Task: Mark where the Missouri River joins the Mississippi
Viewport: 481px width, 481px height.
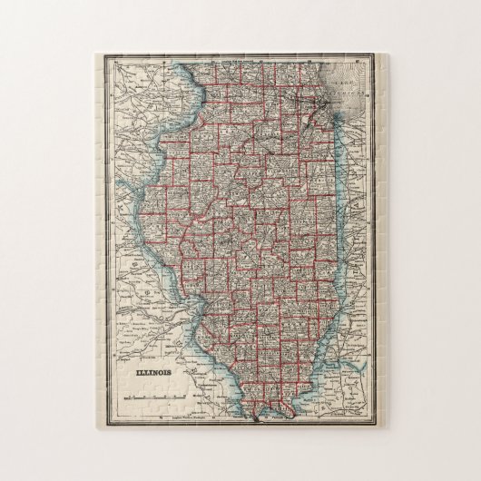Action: [x=194, y=310]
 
